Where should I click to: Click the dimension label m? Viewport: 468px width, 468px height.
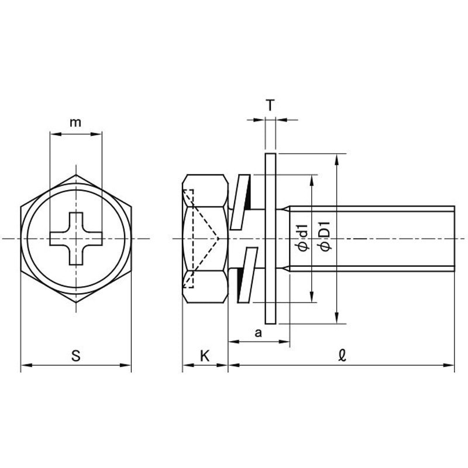pyautogui.click(x=75, y=122)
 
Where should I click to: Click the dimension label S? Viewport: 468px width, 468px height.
pyautogui.click(x=75, y=355)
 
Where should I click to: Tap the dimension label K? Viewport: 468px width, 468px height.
pyautogui.click(x=204, y=355)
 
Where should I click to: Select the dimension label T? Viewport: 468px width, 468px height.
pyautogui.click(x=270, y=106)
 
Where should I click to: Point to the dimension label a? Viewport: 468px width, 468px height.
pyautogui.click(x=258, y=332)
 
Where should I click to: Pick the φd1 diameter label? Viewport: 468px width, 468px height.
pyautogui.click(x=302, y=238)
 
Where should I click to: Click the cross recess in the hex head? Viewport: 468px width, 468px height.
pyautogui.click(x=76, y=238)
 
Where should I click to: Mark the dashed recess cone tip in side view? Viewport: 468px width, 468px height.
pyautogui.click(x=218, y=238)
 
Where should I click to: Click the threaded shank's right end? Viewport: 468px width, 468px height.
pyautogui.click(x=453, y=238)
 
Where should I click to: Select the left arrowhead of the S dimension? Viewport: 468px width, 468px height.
pyautogui.click(x=23, y=366)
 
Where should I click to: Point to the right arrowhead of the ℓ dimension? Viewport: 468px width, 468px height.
pyautogui.click(x=451, y=366)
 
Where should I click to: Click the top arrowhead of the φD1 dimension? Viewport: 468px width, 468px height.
pyautogui.click(x=338, y=157)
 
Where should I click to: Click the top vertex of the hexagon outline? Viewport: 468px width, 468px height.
pyautogui.click(x=76, y=174)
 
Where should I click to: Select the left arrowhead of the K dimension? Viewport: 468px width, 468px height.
pyautogui.click(x=185, y=366)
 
